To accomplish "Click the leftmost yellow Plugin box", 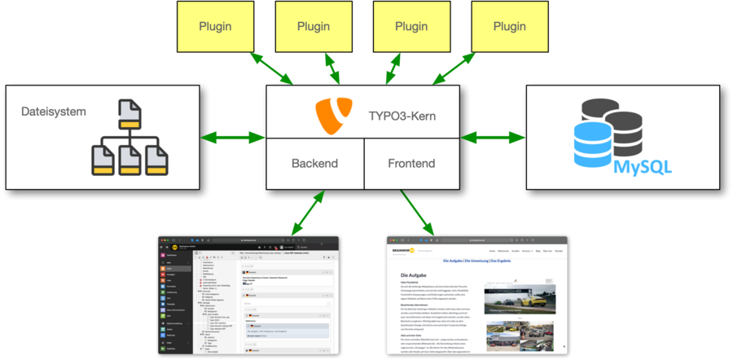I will pos(215,27).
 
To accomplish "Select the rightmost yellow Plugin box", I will pos(510,27).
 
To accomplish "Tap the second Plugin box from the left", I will pos(314,27).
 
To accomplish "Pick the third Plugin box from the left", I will pos(411,27).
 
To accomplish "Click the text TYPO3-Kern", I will pos(402,116).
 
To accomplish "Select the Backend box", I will pos(314,163).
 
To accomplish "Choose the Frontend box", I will pos(411,163).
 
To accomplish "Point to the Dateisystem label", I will pos(54,112).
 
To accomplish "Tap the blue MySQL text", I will pos(643,167).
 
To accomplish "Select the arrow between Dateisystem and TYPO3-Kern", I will pos(233,137).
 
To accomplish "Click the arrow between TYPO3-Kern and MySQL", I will pos(493,137).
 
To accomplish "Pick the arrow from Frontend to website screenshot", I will pos(417,212).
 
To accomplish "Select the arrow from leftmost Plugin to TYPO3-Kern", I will pos(272,68).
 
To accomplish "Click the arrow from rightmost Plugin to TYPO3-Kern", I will pos(454,68).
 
